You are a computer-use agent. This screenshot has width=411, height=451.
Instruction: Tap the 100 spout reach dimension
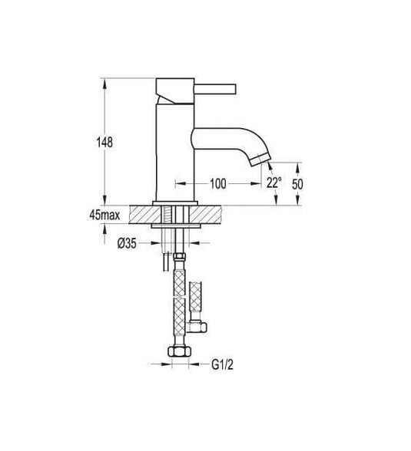pos(217,184)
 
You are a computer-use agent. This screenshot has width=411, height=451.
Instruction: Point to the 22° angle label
pos(273,183)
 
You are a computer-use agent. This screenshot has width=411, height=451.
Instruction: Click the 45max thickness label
pos(104,216)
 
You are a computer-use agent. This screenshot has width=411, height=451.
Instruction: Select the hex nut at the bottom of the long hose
pos(180,354)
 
